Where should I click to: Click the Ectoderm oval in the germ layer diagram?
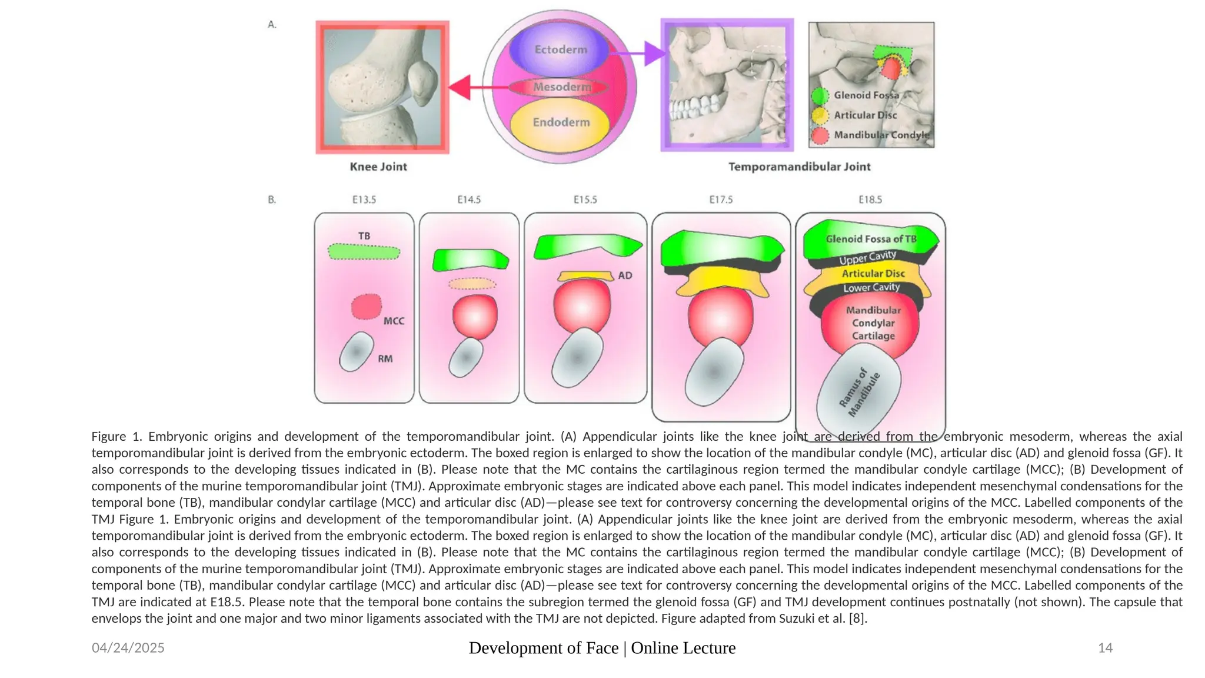tap(560, 50)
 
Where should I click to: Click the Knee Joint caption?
tap(378, 167)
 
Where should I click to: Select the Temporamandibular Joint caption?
tap(799, 167)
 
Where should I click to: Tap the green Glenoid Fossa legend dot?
tap(820, 96)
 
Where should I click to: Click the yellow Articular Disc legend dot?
tap(820, 115)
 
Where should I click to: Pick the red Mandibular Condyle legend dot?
tap(820, 135)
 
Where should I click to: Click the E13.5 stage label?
tap(364, 200)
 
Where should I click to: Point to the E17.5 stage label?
tap(721, 200)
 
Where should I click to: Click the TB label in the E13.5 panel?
tap(364, 236)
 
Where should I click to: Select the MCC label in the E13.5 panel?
tap(394, 321)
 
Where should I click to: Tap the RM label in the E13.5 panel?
tap(385, 359)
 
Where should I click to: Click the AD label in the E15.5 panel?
tap(625, 276)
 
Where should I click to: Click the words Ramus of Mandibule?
tap(860, 393)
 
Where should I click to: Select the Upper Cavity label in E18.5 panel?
tap(867, 258)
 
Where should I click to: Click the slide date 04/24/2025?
tap(128, 648)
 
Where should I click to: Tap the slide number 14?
tap(1105, 648)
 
